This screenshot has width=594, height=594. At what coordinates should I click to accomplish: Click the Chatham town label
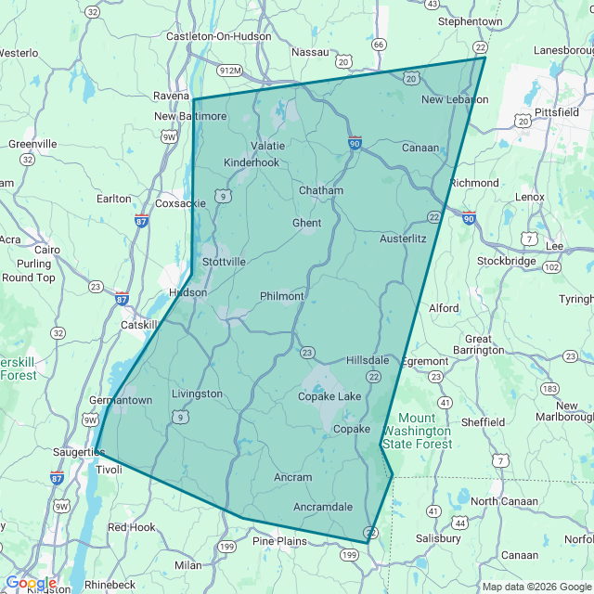pyautogui.click(x=321, y=190)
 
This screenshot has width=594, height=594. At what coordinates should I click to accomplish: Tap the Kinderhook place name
pyautogui.click(x=252, y=162)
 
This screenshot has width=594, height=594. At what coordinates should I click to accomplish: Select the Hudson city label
pyautogui.click(x=188, y=292)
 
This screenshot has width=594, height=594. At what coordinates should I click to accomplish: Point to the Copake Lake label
pyautogui.click(x=329, y=397)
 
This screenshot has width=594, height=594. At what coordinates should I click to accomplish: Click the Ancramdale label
pyautogui.click(x=323, y=507)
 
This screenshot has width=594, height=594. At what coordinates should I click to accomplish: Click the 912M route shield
pyautogui.click(x=230, y=70)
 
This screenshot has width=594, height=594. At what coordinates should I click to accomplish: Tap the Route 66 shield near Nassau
pyautogui.click(x=378, y=45)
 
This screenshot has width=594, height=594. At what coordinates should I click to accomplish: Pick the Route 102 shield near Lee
pyautogui.click(x=552, y=267)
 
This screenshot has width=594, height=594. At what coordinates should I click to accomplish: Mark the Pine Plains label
pyautogui.click(x=279, y=541)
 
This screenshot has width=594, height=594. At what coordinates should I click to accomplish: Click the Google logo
pyautogui.click(x=30, y=583)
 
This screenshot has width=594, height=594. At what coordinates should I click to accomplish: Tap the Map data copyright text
pyautogui.click(x=536, y=587)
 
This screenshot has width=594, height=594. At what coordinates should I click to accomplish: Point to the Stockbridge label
pyautogui.click(x=507, y=261)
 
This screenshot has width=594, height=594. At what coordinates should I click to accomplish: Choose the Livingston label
pyautogui.click(x=198, y=394)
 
